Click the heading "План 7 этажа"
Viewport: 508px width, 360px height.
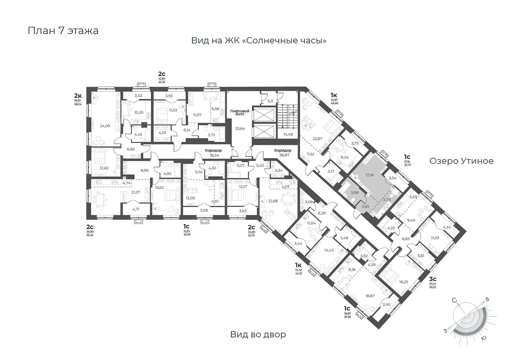[x=63, y=31]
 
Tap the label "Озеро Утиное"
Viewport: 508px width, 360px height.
[x=461, y=161]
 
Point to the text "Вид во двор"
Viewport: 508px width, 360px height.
[x=258, y=334]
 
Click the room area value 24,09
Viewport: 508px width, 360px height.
[x=105, y=126]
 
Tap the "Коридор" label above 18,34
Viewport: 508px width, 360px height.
[x=213, y=151]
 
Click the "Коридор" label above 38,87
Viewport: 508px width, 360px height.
[x=283, y=151]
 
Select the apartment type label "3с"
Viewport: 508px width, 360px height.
[x=433, y=279]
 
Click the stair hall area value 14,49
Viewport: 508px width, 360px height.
[x=288, y=134]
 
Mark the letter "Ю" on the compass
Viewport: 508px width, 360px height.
[x=484, y=338]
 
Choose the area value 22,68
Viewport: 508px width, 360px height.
[x=273, y=201]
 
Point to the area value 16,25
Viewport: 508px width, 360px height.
[x=403, y=282]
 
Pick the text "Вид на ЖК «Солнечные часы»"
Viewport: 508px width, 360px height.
[x=259, y=41]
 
